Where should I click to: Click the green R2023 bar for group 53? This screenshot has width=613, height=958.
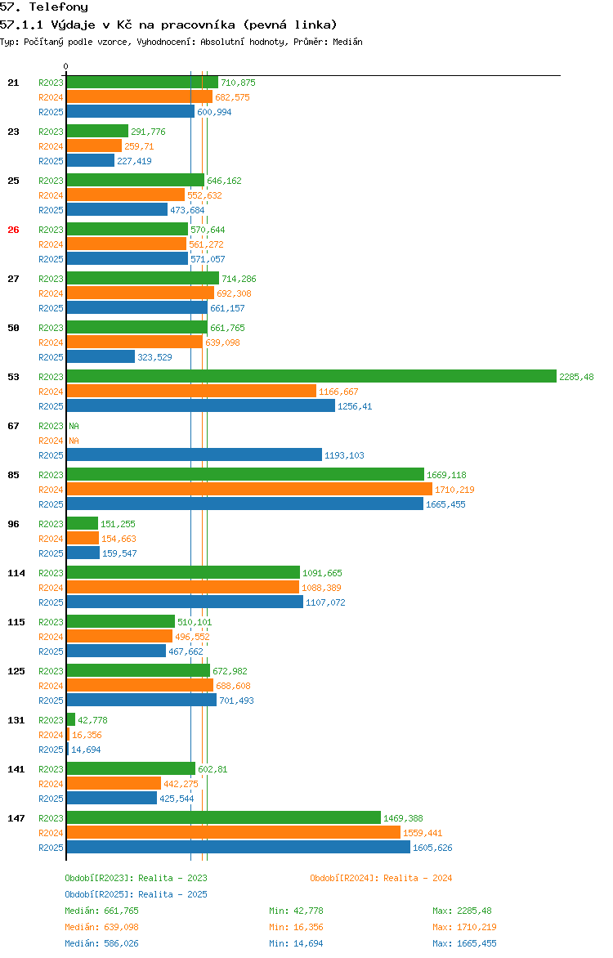(311, 377)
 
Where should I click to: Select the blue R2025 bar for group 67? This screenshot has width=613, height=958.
(194, 455)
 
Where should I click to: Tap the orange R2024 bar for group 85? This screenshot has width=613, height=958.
(249, 490)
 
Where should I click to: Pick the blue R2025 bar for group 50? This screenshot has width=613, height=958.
(101, 357)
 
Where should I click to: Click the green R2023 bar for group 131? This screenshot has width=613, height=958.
(71, 720)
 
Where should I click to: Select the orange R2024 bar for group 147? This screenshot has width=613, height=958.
(233, 833)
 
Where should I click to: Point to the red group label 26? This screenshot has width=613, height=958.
(13, 230)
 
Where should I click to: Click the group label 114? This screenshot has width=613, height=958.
(16, 573)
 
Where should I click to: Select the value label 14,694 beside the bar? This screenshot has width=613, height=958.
(86, 750)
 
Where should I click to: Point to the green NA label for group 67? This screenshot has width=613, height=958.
(74, 426)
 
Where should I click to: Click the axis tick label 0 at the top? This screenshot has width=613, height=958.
(66, 66)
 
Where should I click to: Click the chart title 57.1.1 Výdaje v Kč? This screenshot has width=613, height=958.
(168, 25)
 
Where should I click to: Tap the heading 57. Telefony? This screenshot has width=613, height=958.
(44, 7)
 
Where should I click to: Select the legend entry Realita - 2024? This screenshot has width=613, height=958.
(381, 878)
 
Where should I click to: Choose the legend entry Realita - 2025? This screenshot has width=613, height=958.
(136, 894)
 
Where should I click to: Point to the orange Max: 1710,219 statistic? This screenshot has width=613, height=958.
(464, 927)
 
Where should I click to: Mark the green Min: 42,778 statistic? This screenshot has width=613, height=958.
(298, 911)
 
